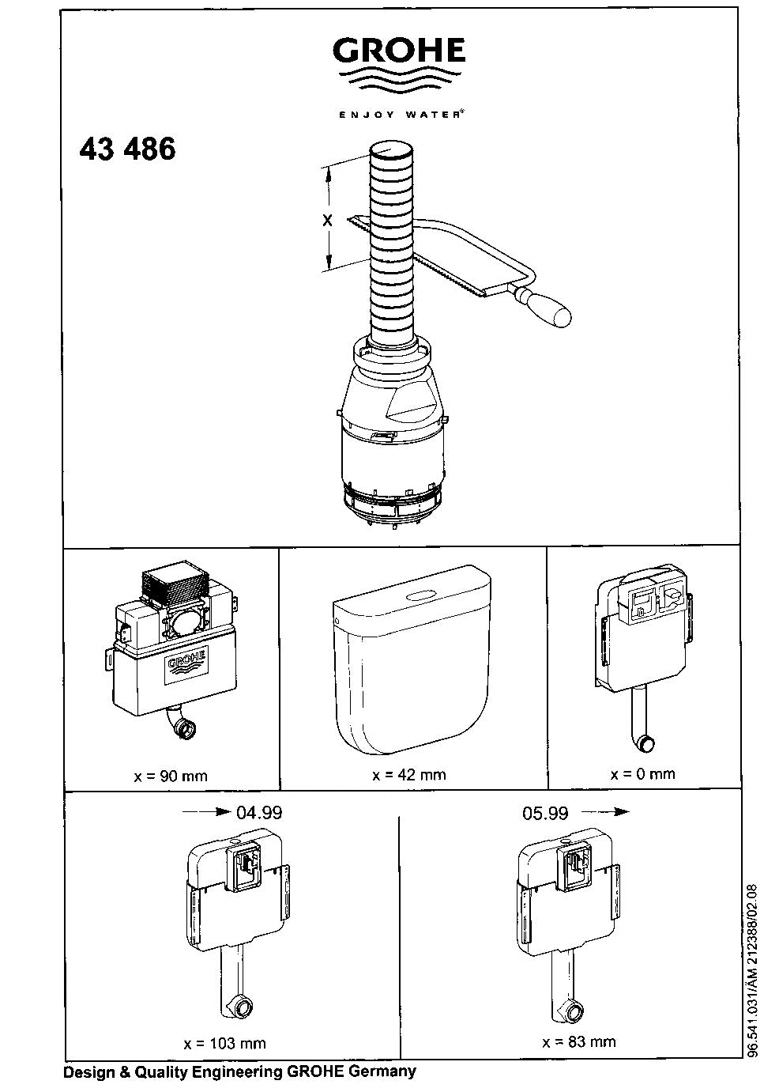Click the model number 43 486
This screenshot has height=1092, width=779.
[127, 149]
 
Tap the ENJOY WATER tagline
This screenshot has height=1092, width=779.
[401, 114]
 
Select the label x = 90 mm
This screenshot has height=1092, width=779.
[171, 776]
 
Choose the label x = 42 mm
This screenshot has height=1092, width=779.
[409, 775]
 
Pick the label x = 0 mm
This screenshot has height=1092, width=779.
[643, 773]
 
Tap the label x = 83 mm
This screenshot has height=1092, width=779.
[579, 1042]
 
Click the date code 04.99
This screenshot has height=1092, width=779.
[259, 812]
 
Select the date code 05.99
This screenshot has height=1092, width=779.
[545, 812]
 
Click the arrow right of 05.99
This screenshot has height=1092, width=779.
[606, 812]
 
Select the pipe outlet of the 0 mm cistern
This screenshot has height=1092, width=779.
[647, 743]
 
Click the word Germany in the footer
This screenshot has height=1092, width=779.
[386, 1072]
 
